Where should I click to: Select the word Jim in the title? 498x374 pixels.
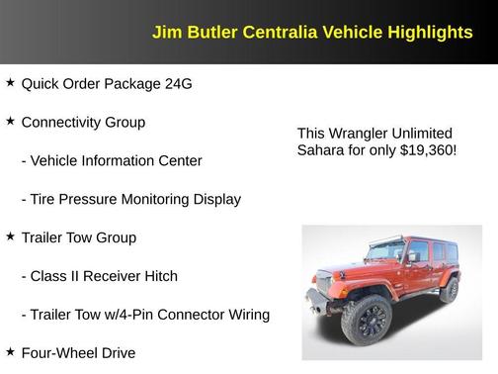(x=165, y=33)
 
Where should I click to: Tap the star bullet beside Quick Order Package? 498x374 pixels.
(x=10, y=83)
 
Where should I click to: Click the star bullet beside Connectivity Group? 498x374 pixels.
(x=10, y=122)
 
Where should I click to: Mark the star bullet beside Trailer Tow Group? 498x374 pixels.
(x=10, y=237)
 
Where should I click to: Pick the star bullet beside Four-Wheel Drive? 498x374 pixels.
(x=10, y=352)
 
